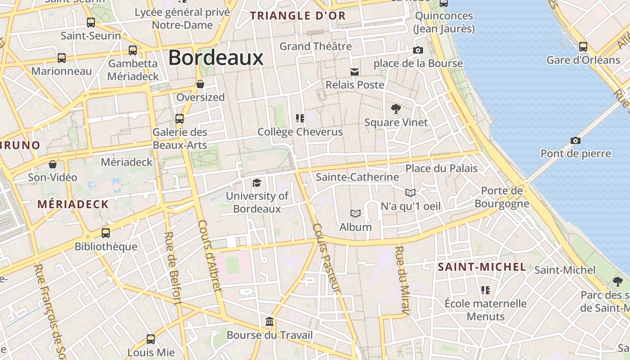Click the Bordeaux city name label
click(x=216, y=58)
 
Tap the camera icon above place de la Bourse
click(x=418, y=50)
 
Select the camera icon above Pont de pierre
click(x=575, y=140)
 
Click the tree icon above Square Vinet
click(x=396, y=108)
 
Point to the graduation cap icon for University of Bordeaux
click(x=256, y=182)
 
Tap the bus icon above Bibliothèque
click(x=106, y=233)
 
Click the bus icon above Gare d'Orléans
click(x=583, y=46)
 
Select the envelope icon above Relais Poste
click(x=355, y=72)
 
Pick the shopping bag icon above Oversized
click(x=200, y=84)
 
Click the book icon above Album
click(x=355, y=213)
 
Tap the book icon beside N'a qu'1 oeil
click(x=410, y=193)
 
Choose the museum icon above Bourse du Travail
click(x=270, y=322)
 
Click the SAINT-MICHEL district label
click(x=482, y=267)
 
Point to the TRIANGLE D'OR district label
click(x=298, y=16)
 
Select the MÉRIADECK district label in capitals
click(x=73, y=204)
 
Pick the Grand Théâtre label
click(x=315, y=46)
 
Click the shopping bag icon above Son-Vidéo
click(x=53, y=164)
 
